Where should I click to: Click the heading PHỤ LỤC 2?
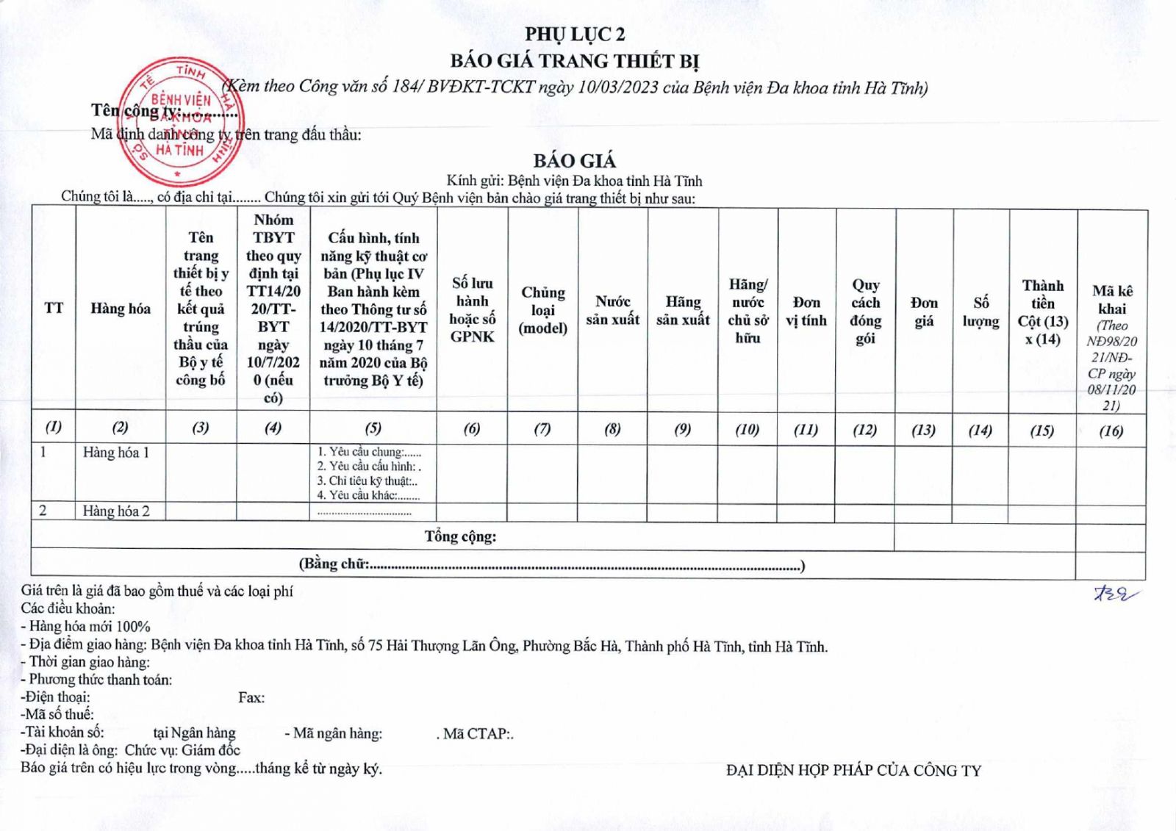pos(574,34)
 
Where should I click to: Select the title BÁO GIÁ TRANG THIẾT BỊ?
pos(574,60)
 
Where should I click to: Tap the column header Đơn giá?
pos(924,312)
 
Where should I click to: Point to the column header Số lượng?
pos(980,312)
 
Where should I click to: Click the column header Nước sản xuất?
pos(612,310)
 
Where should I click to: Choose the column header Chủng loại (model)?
pos(543,310)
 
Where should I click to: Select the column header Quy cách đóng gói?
pos(865,311)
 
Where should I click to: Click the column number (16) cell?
pos(1111,431)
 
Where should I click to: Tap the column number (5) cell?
pos(373,428)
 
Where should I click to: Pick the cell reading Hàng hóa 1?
pos(116,453)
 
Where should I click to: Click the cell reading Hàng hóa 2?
pos(116,511)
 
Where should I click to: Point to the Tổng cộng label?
pos(460,536)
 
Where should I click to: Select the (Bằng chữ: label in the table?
pos(334,564)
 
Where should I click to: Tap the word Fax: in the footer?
pos(251,697)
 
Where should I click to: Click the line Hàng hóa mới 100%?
pos(89,627)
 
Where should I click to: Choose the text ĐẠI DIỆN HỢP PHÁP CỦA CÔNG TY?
pos(853,770)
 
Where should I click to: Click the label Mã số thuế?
pos(58,714)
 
